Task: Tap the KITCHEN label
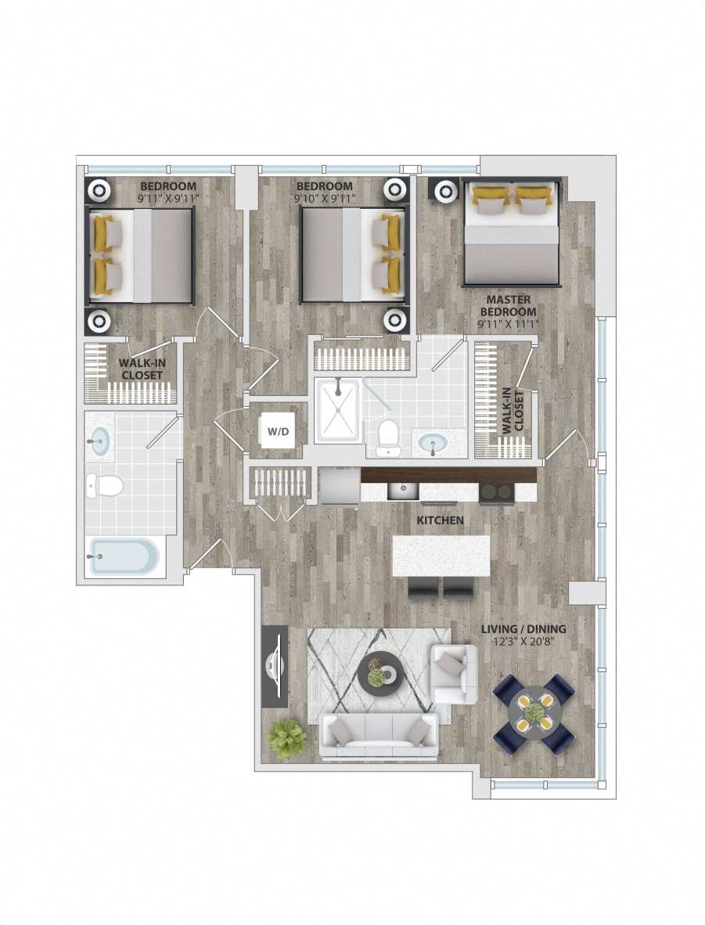[x=440, y=520]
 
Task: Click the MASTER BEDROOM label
[x=509, y=306]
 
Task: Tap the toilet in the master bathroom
[x=388, y=437]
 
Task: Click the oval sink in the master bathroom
[x=431, y=444]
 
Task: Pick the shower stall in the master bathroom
[x=339, y=410]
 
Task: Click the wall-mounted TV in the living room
[x=275, y=666]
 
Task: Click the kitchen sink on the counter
[x=404, y=491]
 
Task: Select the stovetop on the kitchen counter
[x=496, y=492]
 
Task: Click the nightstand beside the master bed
[x=445, y=191]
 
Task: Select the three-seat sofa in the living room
[x=379, y=736]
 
